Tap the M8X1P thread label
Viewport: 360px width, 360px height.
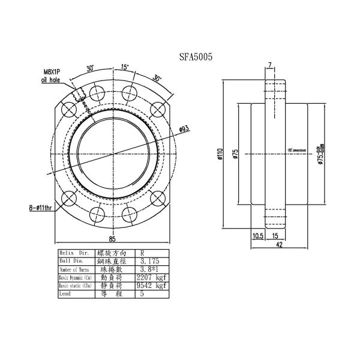click(x=53, y=71)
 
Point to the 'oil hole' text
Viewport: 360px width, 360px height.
click(x=52, y=79)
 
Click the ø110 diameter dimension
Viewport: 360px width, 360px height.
click(x=220, y=155)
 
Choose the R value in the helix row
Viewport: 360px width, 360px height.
click(x=142, y=253)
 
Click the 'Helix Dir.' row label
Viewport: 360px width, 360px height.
click(x=74, y=253)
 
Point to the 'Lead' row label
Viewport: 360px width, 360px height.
click(x=66, y=295)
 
